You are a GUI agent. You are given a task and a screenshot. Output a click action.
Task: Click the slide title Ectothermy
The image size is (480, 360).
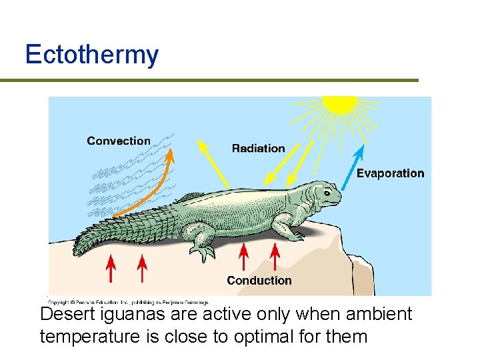[x=91, y=55]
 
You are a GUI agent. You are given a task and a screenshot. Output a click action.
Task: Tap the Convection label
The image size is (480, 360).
[x=119, y=141]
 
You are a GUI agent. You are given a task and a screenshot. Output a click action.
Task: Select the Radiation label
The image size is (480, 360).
[x=258, y=148]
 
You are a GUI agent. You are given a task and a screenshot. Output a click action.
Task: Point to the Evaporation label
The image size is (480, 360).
[x=390, y=173]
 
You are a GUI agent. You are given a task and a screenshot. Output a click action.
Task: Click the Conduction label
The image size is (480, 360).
[x=259, y=281]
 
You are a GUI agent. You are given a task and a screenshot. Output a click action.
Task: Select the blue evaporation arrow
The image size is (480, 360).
[x=354, y=167]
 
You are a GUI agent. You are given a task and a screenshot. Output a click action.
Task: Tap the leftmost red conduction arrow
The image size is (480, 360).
[x=111, y=269]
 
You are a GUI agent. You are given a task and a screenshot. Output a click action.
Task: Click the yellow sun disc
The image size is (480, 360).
[x=340, y=103]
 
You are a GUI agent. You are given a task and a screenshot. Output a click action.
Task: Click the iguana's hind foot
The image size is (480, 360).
[x=203, y=252]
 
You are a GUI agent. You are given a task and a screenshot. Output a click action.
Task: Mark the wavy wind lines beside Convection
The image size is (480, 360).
[x=127, y=180]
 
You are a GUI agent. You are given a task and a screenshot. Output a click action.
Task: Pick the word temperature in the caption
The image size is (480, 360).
[x=89, y=336]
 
